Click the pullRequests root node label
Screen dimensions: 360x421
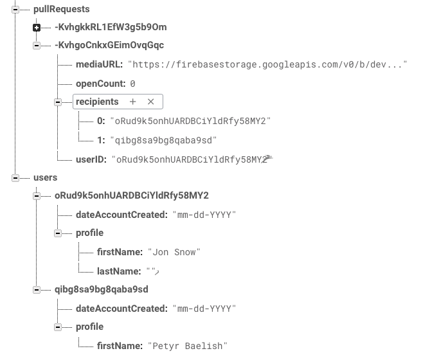point(61,10)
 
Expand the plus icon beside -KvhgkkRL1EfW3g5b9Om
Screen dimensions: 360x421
point(37,28)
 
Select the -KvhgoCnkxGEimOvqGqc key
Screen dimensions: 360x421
point(109,46)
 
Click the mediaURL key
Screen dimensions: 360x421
point(99,65)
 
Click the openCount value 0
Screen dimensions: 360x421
point(132,84)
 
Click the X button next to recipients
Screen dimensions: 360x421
point(151,102)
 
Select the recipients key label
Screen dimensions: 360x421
point(97,102)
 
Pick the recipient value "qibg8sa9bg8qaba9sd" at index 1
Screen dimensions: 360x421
point(163,139)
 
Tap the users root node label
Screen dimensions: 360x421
point(45,177)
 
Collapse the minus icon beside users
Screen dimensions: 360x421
point(15,178)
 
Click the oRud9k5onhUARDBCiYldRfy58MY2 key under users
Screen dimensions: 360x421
point(132,195)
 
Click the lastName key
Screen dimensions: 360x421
point(119,271)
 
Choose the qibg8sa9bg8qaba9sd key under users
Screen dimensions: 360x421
point(102,290)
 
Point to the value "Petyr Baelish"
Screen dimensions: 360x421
point(188,346)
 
